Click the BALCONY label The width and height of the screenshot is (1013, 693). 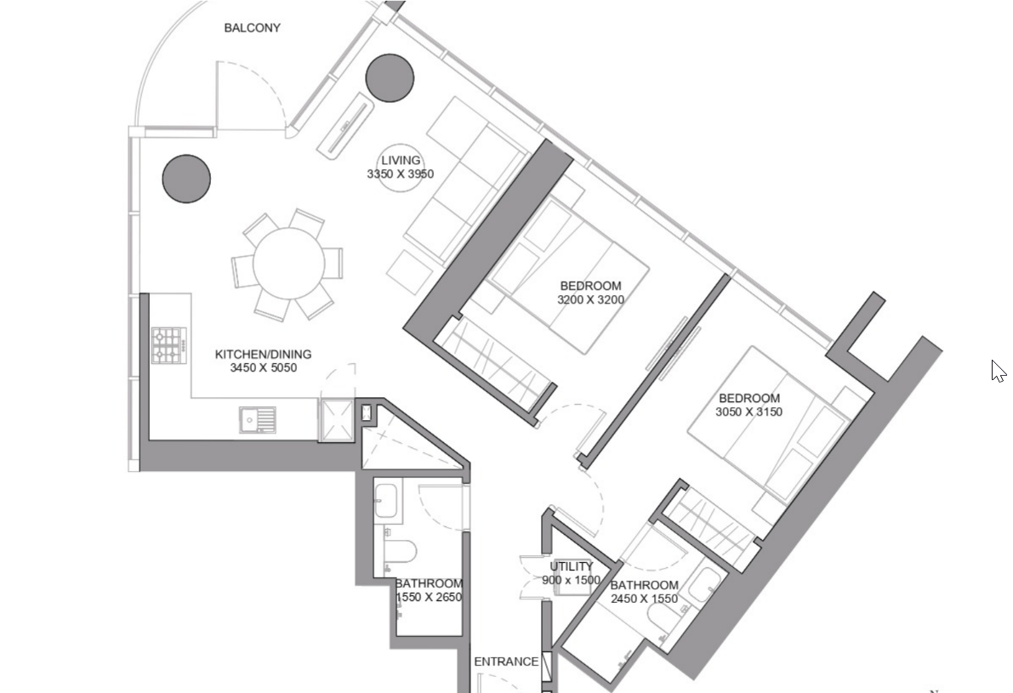[252, 28]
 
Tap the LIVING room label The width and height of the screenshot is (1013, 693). [401, 160]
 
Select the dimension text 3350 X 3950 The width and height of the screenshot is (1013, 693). [401, 173]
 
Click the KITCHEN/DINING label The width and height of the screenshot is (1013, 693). [263, 354]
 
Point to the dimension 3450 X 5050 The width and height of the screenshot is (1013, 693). [264, 368]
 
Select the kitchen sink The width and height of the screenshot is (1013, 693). [257, 420]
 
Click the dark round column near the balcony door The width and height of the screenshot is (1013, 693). [186, 179]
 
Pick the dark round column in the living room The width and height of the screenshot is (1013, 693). [390, 77]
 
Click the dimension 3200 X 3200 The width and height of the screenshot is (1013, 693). [590, 299]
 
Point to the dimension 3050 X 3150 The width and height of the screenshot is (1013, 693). [748, 412]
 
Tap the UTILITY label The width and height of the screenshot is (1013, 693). [571, 566]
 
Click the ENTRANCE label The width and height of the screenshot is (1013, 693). [506, 662]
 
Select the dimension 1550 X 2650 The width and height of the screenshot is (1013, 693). [429, 598]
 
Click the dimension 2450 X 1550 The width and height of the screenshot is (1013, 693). [644, 599]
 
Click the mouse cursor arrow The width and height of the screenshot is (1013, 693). [999, 372]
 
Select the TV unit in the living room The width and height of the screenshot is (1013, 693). [345, 122]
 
